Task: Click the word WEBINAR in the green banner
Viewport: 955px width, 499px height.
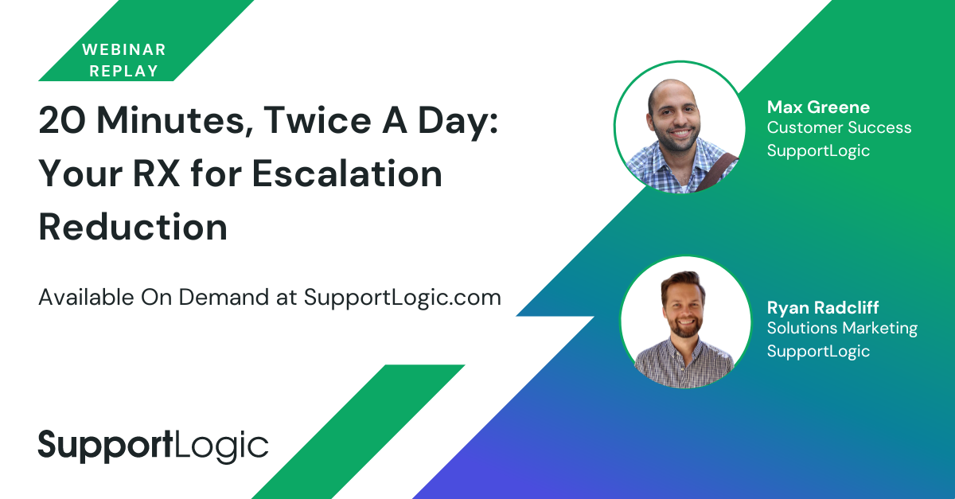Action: (123, 49)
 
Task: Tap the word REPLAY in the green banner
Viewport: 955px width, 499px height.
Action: (123, 71)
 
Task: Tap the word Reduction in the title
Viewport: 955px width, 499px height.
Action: (133, 227)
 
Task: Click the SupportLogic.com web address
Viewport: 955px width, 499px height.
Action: (403, 298)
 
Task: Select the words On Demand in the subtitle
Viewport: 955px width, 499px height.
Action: (205, 298)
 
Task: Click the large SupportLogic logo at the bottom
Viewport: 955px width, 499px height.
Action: (154, 446)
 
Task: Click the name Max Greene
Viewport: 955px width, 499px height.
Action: (818, 107)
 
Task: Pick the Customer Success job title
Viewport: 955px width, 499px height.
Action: (839, 127)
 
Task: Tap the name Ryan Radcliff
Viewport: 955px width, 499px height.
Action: (823, 308)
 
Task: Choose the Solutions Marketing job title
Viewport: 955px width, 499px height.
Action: (842, 329)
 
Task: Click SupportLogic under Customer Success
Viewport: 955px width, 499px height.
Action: (818, 151)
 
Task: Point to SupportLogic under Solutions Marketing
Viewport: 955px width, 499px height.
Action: (818, 352)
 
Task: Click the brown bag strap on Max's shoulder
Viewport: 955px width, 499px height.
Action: (716, 173)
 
